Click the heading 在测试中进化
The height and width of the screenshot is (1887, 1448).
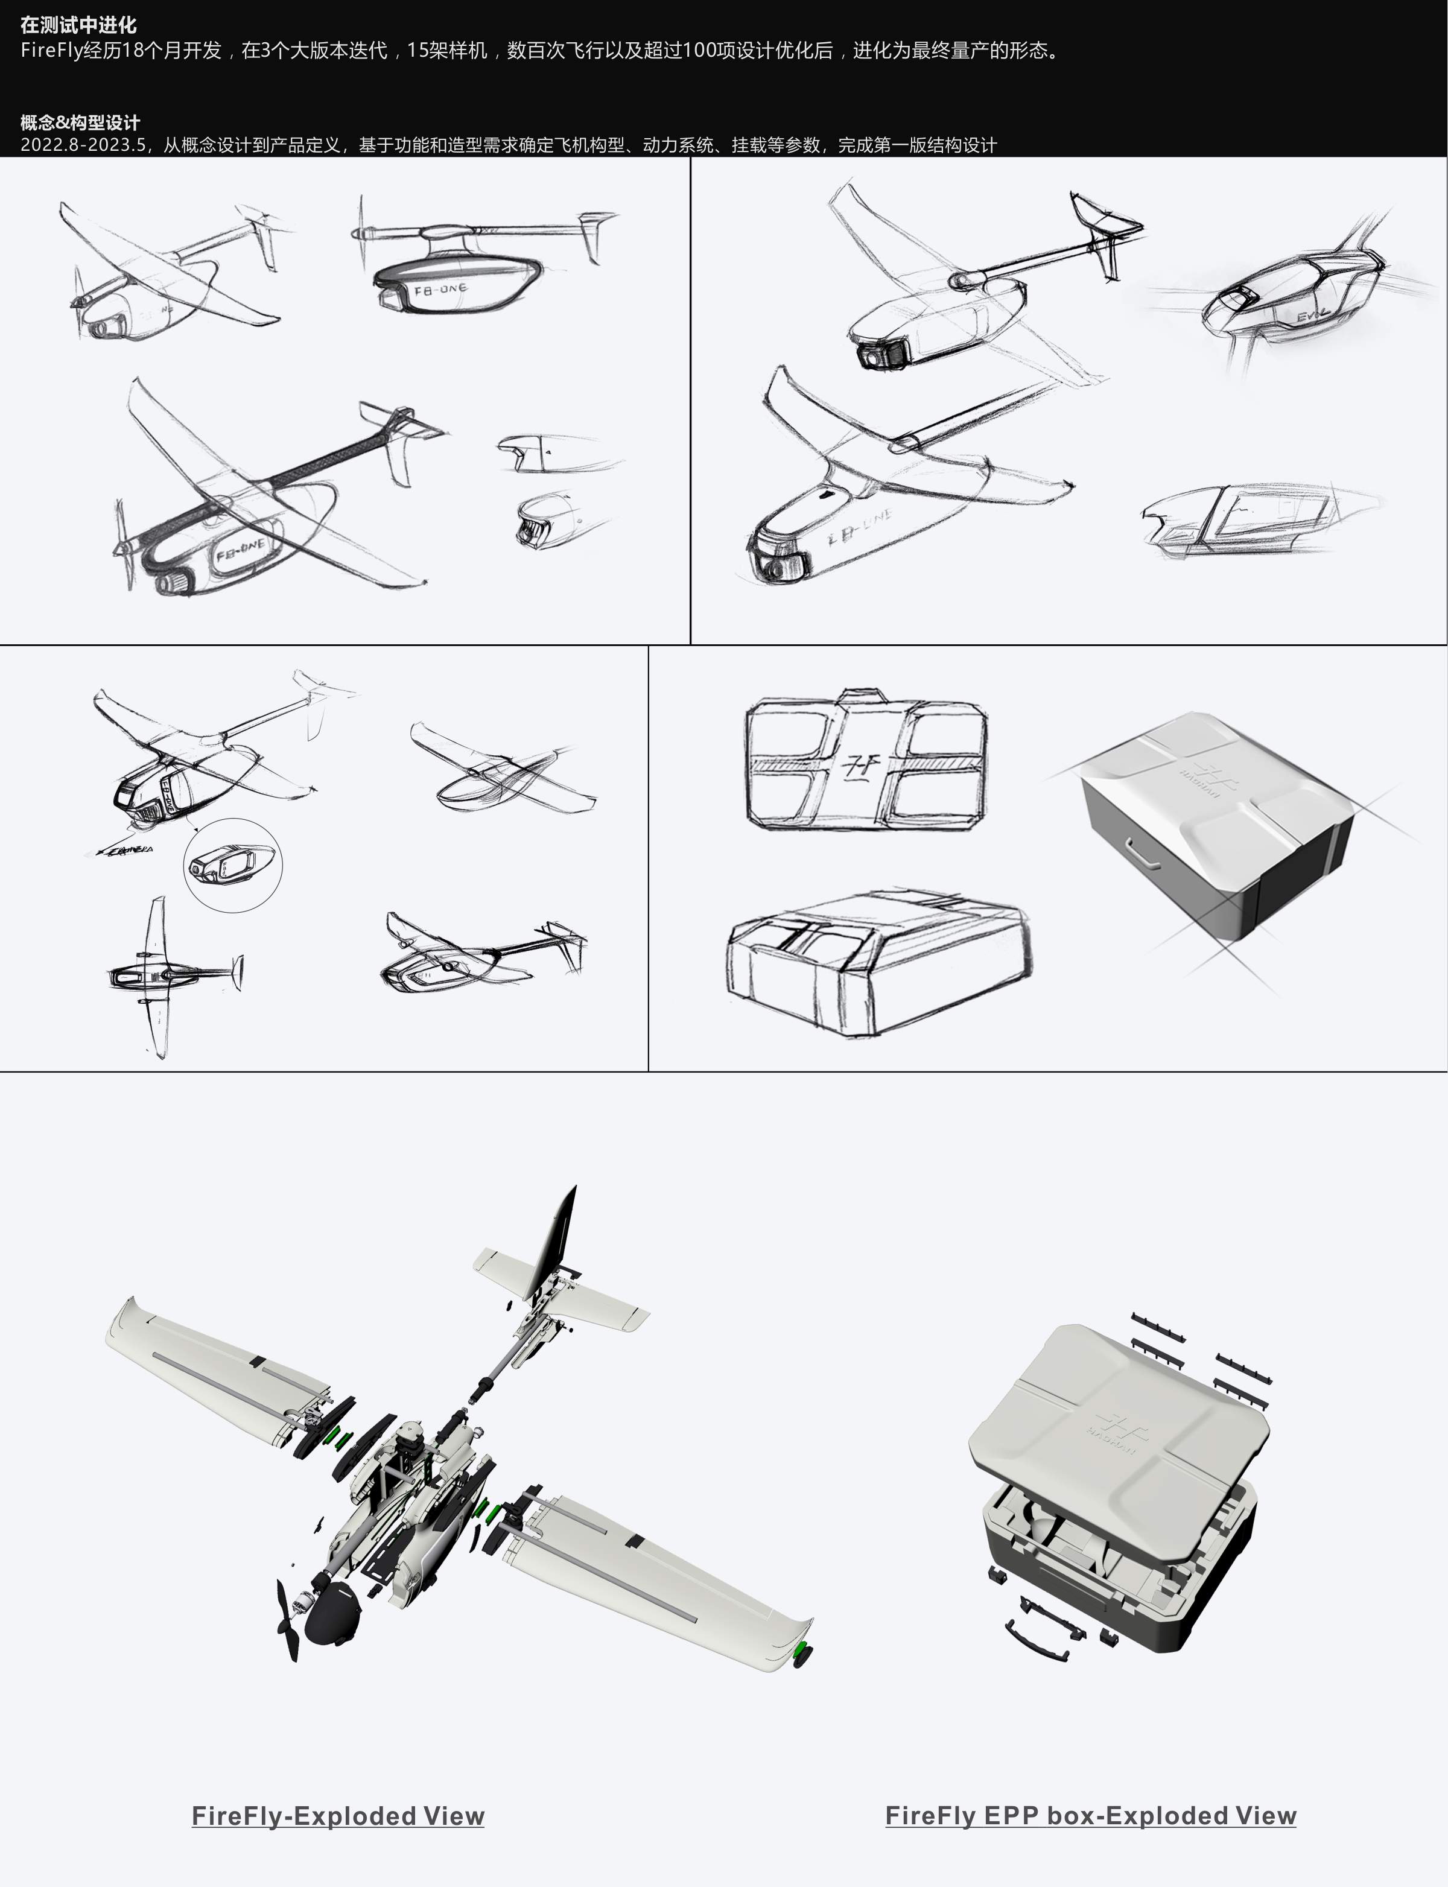78,25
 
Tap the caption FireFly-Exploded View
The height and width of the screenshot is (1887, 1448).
338,1815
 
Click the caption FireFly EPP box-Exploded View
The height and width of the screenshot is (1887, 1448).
1090,1815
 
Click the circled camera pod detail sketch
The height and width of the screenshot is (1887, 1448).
233,864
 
